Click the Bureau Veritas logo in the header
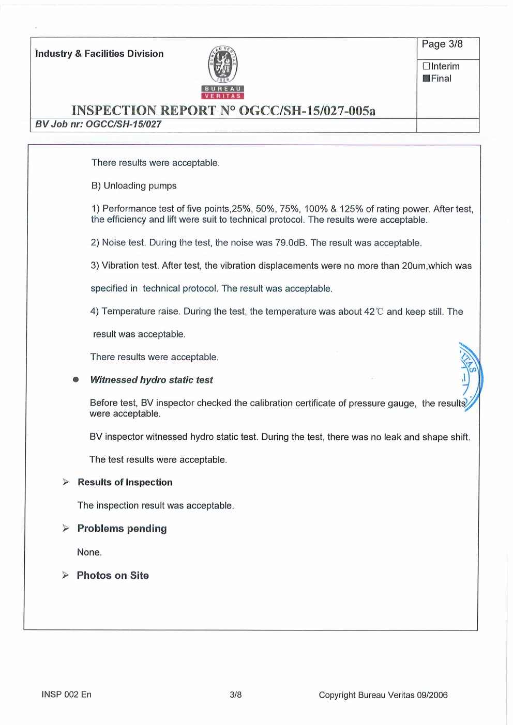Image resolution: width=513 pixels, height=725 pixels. click(223, 72)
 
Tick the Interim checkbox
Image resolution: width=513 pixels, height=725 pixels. click(426, 66)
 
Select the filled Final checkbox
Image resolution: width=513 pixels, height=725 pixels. click(426, 79)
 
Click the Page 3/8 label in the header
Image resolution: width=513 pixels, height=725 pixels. click(442, 44)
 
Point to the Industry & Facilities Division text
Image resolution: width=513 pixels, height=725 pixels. click(99, 54)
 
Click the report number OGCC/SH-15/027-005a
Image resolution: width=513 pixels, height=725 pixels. click(307, 111)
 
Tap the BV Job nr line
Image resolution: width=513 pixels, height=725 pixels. click(98, 125)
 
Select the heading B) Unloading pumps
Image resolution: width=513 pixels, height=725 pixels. click(134, 186)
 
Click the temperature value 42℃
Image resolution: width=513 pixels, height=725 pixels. click(374, 312)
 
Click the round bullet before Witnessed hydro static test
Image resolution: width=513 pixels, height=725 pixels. click(76, 380)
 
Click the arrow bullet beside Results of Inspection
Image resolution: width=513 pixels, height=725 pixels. click(66, 482)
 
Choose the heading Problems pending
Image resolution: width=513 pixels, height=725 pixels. click(122, 529)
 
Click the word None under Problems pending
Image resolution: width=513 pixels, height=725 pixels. click(89, 552)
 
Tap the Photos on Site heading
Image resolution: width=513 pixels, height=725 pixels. click(113, 576)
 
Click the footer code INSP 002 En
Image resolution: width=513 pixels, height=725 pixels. click(66, 695)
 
